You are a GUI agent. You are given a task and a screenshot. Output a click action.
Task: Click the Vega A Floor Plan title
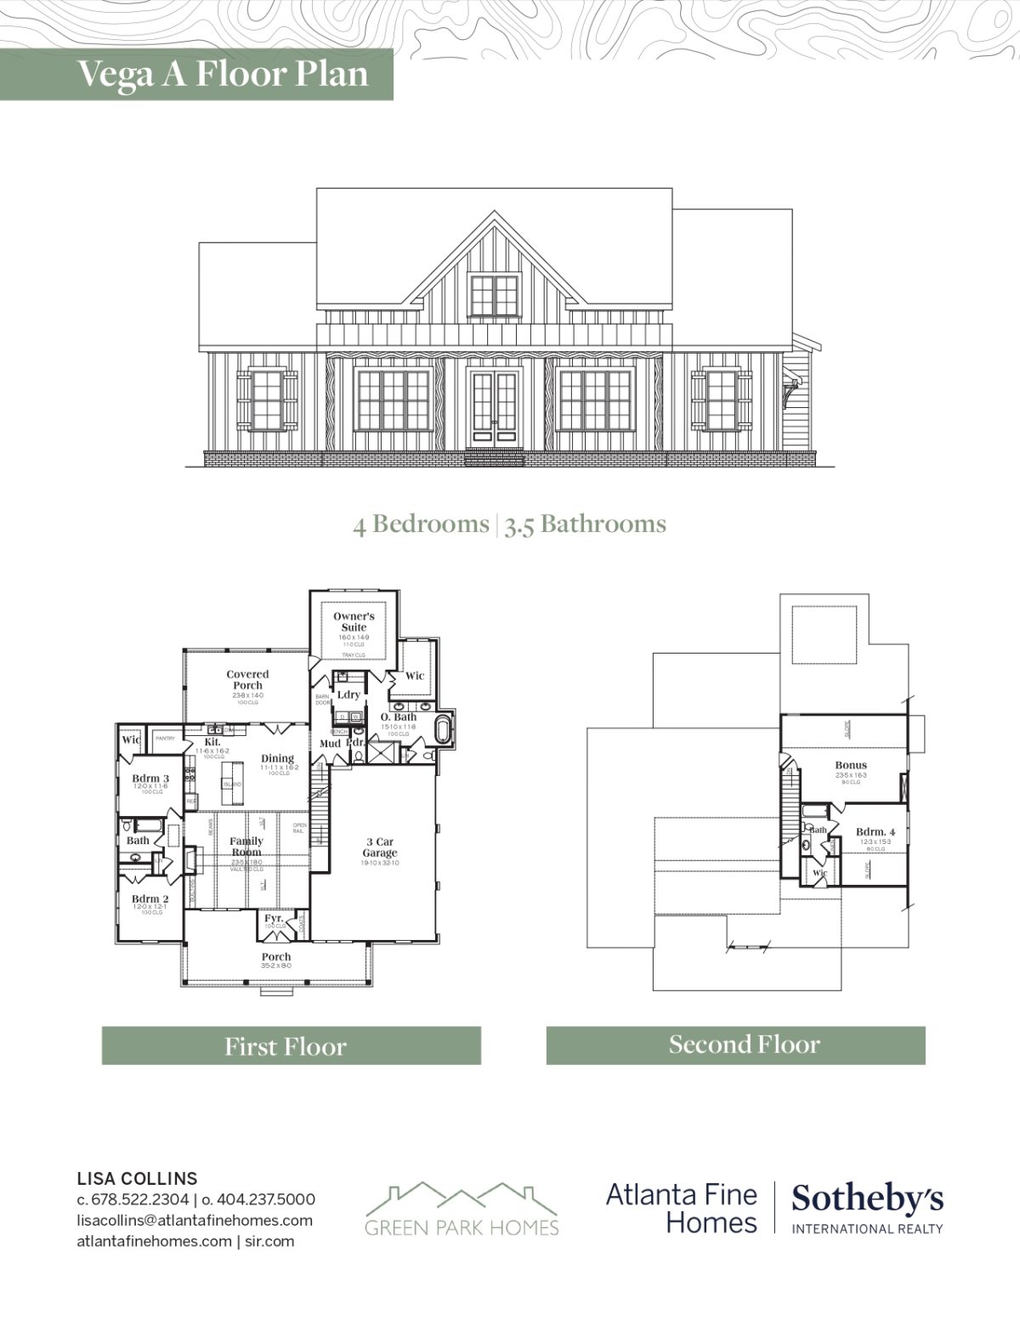pyautogui.click(x=223, y=74)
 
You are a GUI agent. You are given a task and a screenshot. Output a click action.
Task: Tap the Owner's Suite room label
pyautogui.click(x=354, y=621)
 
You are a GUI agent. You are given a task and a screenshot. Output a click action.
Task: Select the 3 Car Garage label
pyautogui.click(x=380, y=847)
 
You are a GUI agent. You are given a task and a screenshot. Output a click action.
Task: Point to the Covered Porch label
pyautogui.click(x=247, y=679)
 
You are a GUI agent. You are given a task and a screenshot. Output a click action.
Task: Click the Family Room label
pyautogui.click(x=246, y=846)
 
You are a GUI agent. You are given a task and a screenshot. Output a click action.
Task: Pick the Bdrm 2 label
pyautogui.click(x=150, y=898)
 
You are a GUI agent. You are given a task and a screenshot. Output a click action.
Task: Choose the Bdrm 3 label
pyautogui.click(x=150, y=779)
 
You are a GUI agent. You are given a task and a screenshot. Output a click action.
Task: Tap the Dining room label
pyautogui.click(x=278, y=758)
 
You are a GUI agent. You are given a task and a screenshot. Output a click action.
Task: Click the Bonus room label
pyautogui.click(x=851, y=765)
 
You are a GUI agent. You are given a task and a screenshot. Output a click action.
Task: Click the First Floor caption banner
pyautogui.click(x=291, y=1045)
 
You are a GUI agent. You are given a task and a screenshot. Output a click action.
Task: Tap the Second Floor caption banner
pyautogui.click(x=735, y=1045)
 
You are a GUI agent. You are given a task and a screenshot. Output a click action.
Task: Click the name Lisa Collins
pyautogui.click(x=137, y=1178)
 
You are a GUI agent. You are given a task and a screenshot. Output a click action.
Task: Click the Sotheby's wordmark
pyautogui.click(x=867, y=1199)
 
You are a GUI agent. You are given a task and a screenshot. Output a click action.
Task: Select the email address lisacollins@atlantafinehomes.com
pyautogui.click(x=195, y=1220)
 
